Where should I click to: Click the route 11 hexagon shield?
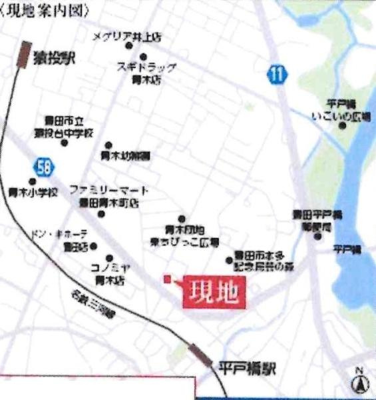point(278,74)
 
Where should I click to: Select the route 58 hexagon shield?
point(45,166)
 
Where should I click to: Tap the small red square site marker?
point(168,279)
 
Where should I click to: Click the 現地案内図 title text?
point(31,11)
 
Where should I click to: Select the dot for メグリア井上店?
point(129,46)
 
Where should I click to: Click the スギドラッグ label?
point(146,67)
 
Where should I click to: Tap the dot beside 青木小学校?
point(32,181)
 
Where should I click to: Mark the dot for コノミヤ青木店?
point(108,257)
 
